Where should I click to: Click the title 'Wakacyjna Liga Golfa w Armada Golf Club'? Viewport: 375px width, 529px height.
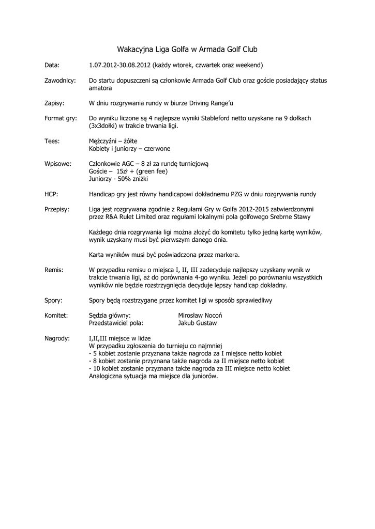[x=187, y=50]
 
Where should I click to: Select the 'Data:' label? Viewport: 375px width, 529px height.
[x=52, y=66]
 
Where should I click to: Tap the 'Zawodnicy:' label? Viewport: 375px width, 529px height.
[x=61, y=81]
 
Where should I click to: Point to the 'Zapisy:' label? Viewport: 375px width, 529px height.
[x=54, y=103]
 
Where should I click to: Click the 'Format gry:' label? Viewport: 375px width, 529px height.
[x=61, y=118]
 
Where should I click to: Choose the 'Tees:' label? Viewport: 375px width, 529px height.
[x=52, y=141]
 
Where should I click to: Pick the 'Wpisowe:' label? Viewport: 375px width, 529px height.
[x=58, y=163]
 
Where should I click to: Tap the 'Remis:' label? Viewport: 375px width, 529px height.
[x=54, y=270]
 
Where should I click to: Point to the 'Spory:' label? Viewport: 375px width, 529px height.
[x=54, y=300]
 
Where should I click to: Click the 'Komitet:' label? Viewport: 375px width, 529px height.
[x=57, y=315]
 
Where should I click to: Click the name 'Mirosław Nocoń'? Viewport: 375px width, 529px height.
[x=201, y=315]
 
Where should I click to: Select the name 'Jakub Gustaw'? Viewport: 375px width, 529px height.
[x=198, y=323]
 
